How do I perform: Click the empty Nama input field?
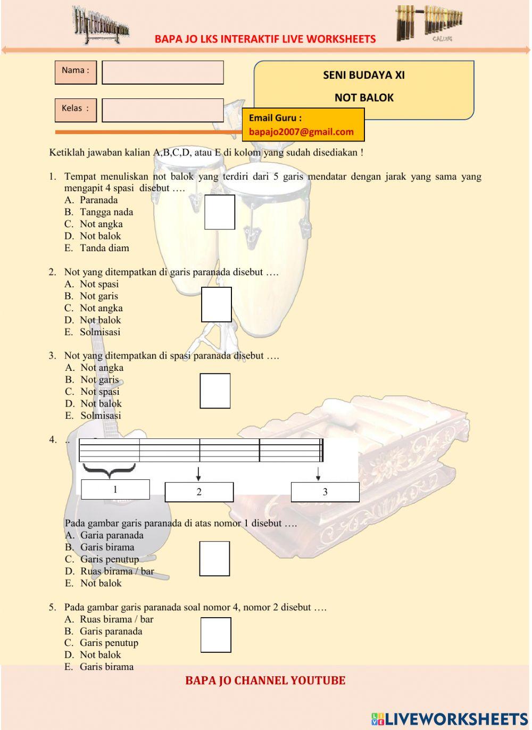tap(162, 72)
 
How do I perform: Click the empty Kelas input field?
tap(162, 110)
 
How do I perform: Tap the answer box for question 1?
tap(220, 212)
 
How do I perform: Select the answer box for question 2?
tap(217, 304)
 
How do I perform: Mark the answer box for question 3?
tap(215, 391)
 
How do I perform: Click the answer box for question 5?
tap(215, 635)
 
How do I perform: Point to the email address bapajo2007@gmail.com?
tap(301, 132)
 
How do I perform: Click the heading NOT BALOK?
tap(364, 97)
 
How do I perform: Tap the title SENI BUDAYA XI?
tap(364, 75)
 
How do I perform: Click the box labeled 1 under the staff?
tap(115, 490)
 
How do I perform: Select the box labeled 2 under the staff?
tap(199, 492)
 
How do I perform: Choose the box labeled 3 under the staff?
tap(325, 492)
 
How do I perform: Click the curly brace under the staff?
tap(109, 470)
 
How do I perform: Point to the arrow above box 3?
tap(318, 474)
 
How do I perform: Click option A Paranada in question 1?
tap(98, 200)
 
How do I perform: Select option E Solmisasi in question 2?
tap(100, 332)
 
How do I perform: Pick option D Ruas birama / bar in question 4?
tap(117, 571)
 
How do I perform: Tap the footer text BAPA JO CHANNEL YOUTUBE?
tap(265, 681)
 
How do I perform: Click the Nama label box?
tap(76, 72)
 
